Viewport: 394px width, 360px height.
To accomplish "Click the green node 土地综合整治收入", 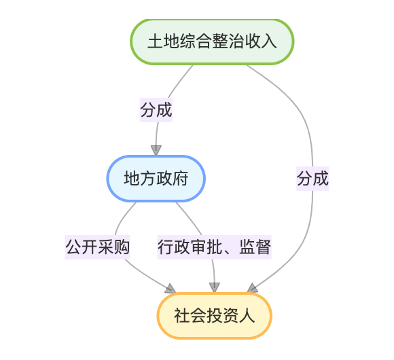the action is pos(212,41).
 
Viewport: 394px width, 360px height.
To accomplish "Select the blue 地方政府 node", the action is pos(156,179).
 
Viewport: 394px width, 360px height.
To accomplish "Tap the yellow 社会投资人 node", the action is pos(215,316).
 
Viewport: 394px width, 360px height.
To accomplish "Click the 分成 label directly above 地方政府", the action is pos(156,110).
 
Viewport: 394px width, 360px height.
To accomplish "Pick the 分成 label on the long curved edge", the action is pos(312,179).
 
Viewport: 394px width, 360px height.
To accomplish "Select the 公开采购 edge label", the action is pos(98,247).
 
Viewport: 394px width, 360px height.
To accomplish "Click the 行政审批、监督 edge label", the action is pos(215,247).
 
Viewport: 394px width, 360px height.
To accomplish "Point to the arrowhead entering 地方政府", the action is pos(156,150).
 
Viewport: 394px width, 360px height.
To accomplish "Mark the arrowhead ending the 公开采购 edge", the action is pos(171,289).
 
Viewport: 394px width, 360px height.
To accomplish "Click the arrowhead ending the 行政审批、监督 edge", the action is pos(215,287).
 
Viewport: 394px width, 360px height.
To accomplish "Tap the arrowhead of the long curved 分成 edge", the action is pos(252,288).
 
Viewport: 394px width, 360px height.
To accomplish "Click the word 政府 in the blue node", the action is pos(172,179).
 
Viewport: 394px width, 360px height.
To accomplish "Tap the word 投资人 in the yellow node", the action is pos(231,316).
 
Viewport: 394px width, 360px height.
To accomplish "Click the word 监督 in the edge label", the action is pos(255,247).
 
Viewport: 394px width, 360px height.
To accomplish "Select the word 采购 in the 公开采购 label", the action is pos(113,247).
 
